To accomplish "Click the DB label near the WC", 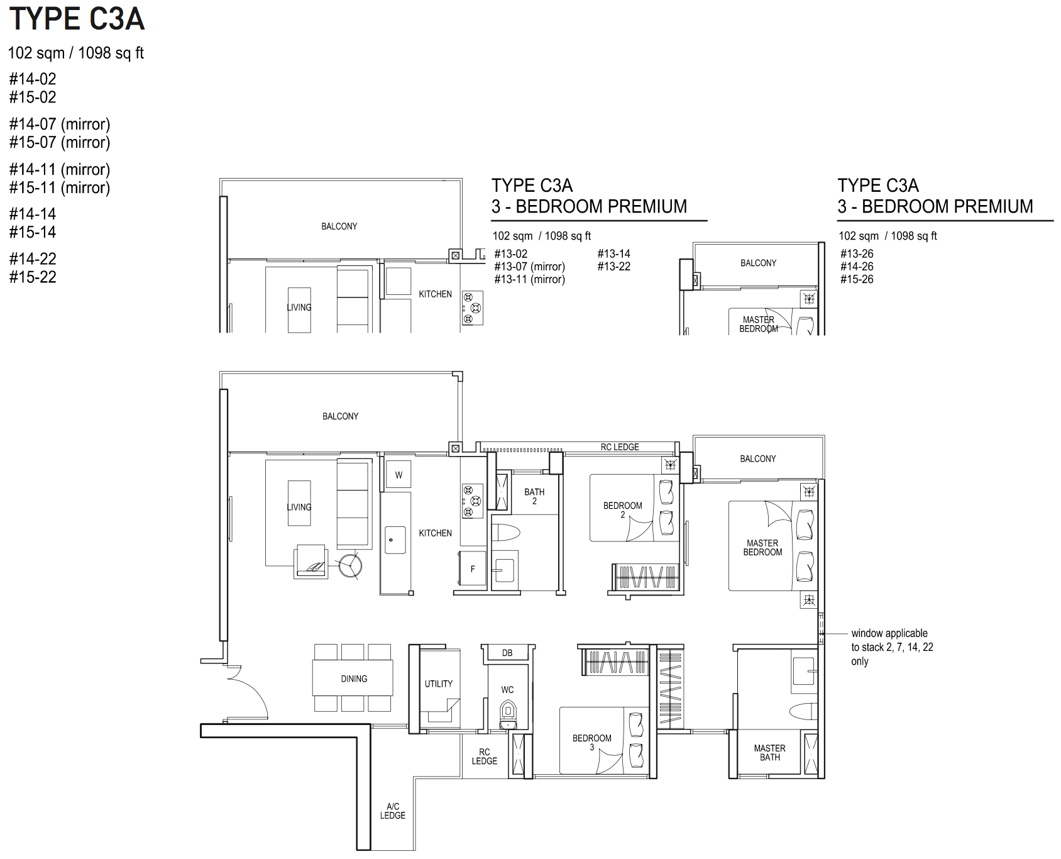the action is click(x=507, y=653).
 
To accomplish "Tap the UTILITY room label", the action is click(x=439, y=684).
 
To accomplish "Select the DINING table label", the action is click(x=354, y=679).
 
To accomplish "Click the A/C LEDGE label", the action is click(x=393, y=811).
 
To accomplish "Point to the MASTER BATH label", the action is click(x=770, y=753).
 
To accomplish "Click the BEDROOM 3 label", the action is click(x=592, y=742).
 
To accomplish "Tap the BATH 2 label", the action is click(x=535, y=496).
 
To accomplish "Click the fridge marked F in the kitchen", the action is click(x=473, y=569).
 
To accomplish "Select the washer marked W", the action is click(x=399, y=475).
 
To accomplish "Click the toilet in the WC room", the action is click(x=507, y=714).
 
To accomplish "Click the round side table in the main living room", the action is click(x=350, y=565).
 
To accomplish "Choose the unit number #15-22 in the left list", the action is click(x=33, y=277).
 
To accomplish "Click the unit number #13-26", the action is click(x=857, y=254).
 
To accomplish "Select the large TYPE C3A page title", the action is click(x=77, y=19).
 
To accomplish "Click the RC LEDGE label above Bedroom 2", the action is click(x=620, y=447).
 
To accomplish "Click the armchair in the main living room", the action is click(x=311, y=561).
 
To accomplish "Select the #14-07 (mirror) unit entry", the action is click(x=60, y=124).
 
